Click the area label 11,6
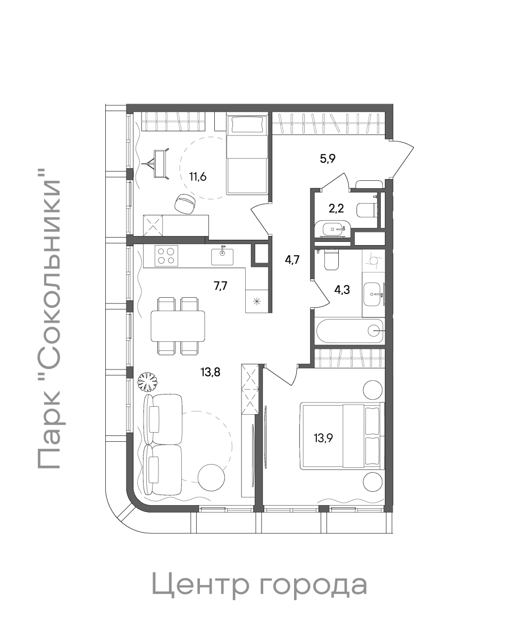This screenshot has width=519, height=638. (198, 177)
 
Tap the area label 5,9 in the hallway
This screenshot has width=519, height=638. (328, 158)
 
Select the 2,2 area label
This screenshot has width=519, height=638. (336, 208)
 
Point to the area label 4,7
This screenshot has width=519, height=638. (292, 259)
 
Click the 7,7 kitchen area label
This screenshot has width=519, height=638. (221, 286)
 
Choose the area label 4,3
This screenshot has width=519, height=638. (342, 290)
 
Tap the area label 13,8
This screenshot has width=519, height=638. (211, 372)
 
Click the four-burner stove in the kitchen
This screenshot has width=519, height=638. (166, 256)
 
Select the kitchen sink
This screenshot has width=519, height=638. (222, 256)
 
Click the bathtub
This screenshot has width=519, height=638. (350, 331)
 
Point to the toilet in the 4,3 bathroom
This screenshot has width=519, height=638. (331, 259)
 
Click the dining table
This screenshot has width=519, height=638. (178, 326)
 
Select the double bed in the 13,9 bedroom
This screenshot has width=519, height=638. (342, 436)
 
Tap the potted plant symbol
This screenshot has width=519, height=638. (147, 382)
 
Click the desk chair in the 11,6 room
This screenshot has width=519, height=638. (185, 204)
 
